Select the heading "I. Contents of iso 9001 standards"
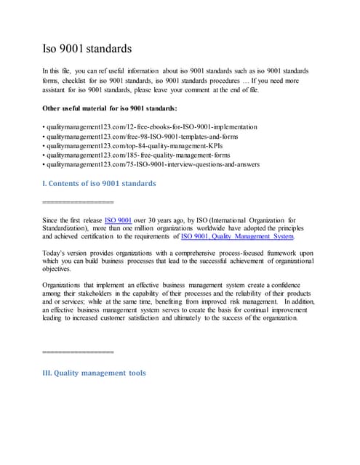tap(100, 183)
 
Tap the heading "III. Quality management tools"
tap(95, 373)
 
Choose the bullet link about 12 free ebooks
tap(150, 127)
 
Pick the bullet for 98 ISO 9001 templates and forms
tap(146, 137)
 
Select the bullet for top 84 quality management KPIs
tap(142, 146)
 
